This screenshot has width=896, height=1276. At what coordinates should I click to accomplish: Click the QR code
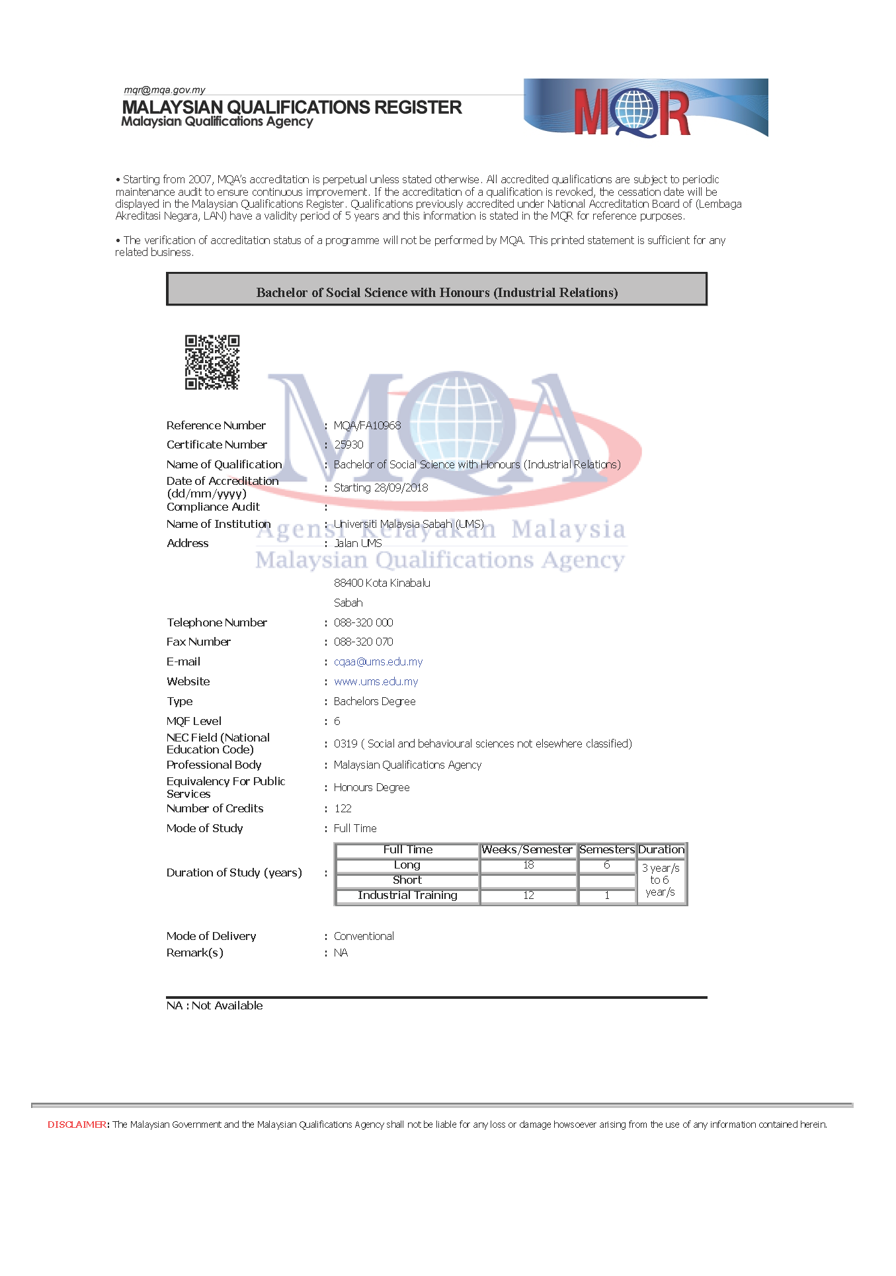[x=212, y=362]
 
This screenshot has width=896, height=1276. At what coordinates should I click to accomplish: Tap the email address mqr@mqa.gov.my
[x=165, y=90]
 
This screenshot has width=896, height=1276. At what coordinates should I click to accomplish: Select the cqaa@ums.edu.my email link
[x=378, y=661]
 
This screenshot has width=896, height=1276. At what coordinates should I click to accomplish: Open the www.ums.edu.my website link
[x=376, y=681]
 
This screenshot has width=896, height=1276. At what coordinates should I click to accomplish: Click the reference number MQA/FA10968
[x=367, y=425]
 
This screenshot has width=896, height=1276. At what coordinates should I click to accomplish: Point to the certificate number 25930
[x=348, y=445]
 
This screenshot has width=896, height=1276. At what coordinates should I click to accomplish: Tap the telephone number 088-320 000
[x=363, y=622]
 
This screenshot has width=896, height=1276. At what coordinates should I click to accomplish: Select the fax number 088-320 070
[x=363, y=642]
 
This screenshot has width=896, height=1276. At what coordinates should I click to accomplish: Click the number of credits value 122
[x=343, y=808]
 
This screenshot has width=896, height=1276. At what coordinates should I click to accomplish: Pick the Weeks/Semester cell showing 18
[x=528, y=865]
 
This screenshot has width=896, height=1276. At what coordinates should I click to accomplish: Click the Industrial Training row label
[x=407, y=896]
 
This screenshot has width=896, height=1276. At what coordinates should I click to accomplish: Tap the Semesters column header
[x=606, y=850]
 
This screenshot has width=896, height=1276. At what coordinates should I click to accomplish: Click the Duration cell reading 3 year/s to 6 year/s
[x=661, y=880]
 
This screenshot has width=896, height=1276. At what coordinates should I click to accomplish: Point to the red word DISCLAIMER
[x=77, y=1125]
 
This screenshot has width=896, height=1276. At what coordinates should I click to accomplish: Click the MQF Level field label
[x=194, y=721]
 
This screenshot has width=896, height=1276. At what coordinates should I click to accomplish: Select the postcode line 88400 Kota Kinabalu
[x=382, y=583]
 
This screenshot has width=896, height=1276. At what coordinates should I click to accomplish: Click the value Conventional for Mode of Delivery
[x=364, y=936]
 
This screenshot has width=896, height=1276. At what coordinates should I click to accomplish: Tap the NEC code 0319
[x=345, y=744]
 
